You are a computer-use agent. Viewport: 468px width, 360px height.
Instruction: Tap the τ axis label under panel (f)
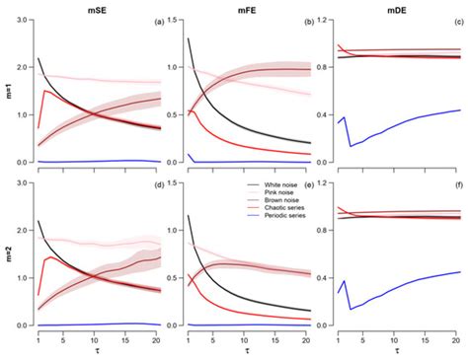[x=393, y=350]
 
